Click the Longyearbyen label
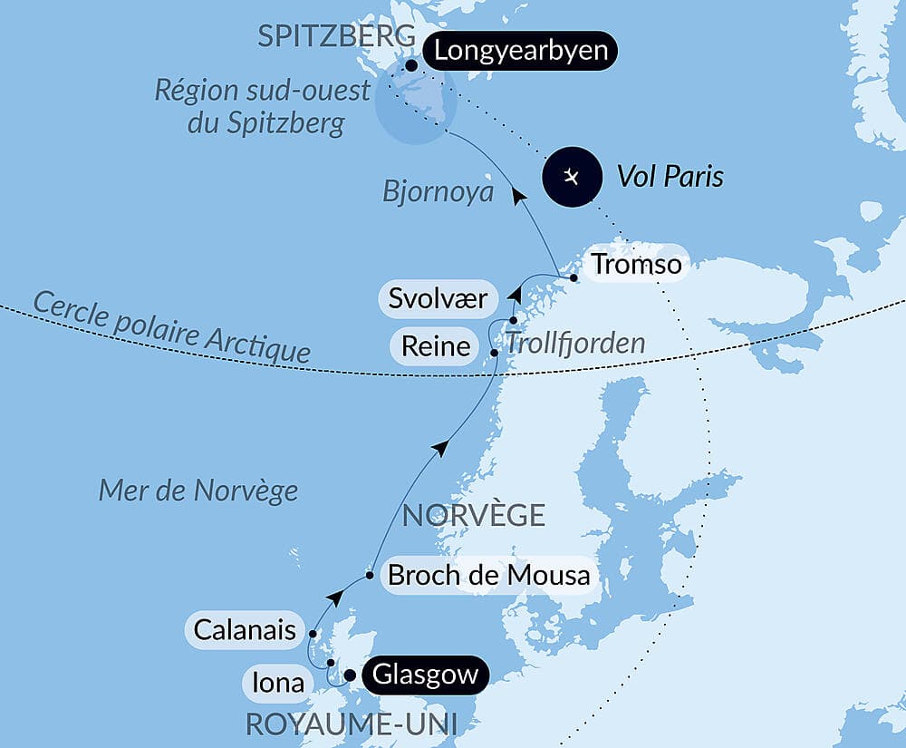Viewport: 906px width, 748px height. click(520, 51)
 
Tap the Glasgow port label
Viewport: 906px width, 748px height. click(425, 675)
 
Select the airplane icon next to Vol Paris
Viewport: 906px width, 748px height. click(572, 176)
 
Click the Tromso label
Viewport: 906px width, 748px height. click(635, 265)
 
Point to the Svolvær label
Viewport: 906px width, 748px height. click(439, 299)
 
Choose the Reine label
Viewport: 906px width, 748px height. click(436, 345)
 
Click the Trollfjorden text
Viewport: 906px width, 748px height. click(575, 344)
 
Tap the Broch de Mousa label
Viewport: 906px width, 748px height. click(488, 575)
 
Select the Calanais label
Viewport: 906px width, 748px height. click(244, 629)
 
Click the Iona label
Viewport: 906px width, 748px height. click(278, 682)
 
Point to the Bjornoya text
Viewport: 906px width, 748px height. click(438, 192)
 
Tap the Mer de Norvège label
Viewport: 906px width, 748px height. click(198, 491)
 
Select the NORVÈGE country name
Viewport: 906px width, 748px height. click(473, 515)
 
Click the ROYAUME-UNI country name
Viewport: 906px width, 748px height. click(350, 724)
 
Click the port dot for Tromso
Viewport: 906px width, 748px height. click(573, 277)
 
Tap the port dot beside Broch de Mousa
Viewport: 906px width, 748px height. click(370, 575)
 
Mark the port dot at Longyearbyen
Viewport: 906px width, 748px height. click(411, 65)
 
